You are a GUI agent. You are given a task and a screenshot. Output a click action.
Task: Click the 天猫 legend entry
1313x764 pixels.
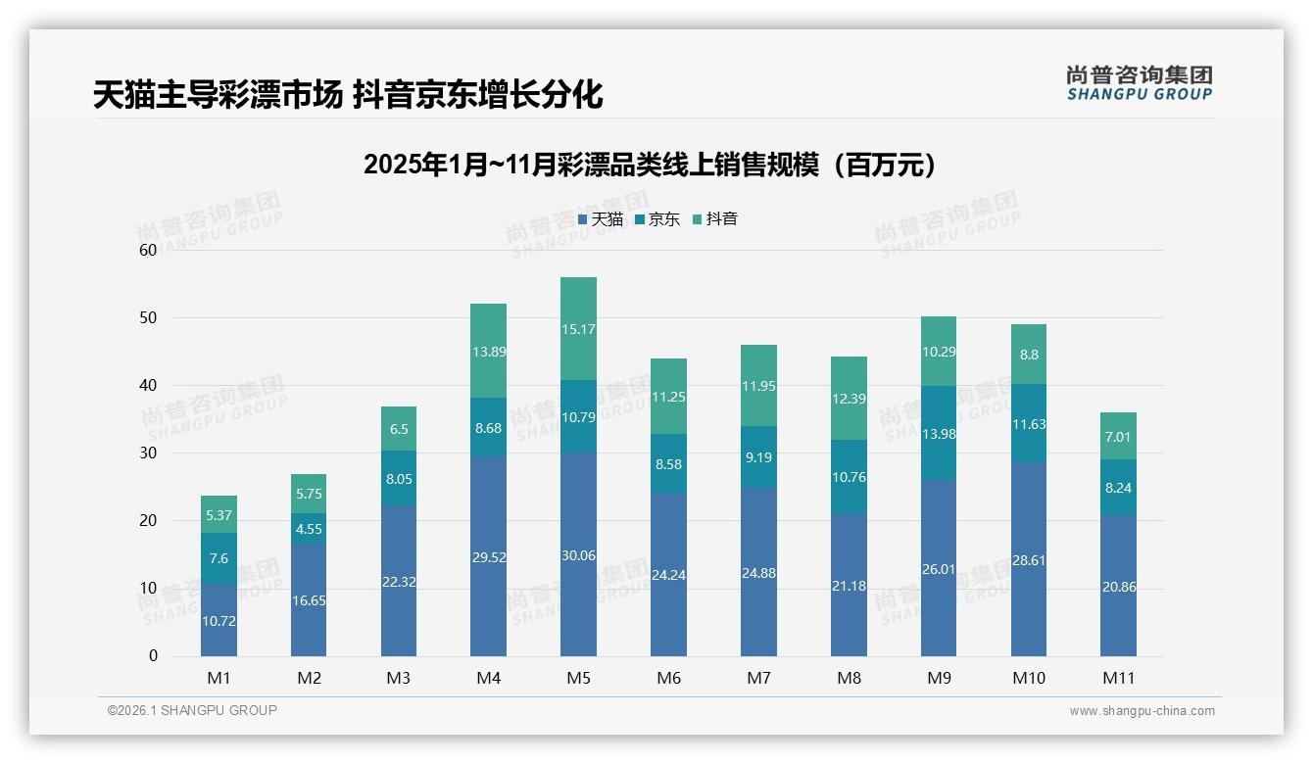click(x=601, y=219)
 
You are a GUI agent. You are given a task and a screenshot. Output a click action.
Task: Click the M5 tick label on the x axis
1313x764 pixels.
click(x=578, y=678)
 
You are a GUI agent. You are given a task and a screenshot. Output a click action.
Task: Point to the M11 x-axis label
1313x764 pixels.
click(x=1118, y=678)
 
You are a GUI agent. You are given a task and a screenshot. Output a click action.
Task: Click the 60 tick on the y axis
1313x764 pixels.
click(x=148, y=250)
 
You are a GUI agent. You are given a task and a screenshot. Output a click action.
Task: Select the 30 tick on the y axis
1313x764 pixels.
click(x=148, y=453)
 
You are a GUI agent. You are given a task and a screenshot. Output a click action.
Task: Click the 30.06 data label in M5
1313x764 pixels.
click(x=578, y=555)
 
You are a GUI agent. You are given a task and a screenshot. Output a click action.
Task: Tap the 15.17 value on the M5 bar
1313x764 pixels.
click(x=578, y=329)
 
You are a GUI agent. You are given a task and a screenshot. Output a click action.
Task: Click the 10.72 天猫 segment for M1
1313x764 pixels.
click(x=219, y=621)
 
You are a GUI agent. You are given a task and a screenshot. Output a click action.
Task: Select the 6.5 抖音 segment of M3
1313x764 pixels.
click(x=399, y=429)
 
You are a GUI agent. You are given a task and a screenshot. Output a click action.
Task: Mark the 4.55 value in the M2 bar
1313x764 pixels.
click(x=309, y=529)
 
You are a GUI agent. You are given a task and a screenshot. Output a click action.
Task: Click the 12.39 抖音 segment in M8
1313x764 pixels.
click(x=849, y=399)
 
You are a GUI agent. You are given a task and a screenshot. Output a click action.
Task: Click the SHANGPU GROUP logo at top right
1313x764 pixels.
click(x=1139, y=82)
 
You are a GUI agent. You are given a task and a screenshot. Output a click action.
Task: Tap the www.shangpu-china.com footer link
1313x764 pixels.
click(x=1142, y=711)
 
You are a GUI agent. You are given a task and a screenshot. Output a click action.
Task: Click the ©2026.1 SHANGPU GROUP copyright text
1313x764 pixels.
click(x=192, y=710)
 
